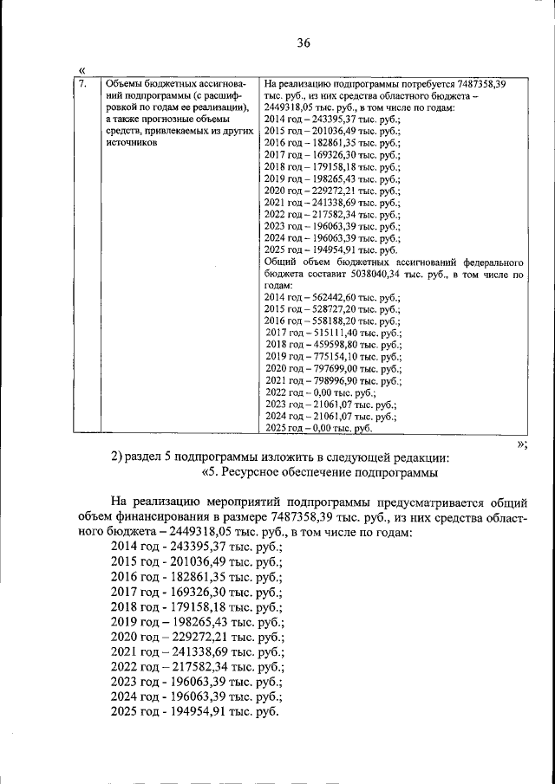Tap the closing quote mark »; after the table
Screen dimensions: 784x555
(x=522, y=443)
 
